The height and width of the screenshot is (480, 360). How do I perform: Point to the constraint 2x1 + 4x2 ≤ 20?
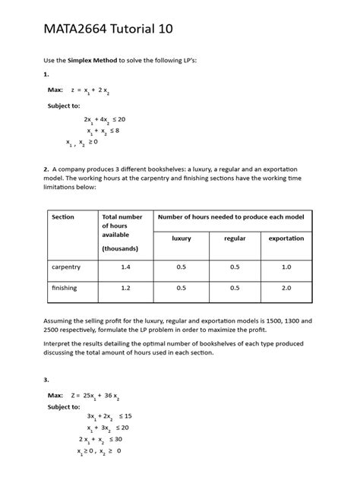pyautogui.click(x=104, y=120)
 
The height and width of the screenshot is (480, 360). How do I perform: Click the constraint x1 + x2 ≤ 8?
pyautogui.click(x=104, y=131)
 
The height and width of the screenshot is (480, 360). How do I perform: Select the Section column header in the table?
pyautogui.click(x=63, y=217)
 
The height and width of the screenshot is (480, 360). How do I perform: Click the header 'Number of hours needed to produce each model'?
pyautogui.click(x=231, y=217)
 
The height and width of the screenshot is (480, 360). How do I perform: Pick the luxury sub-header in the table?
pyautogui.click(x=182, y=238)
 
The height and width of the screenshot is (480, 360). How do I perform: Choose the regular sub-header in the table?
pyautogui.click(x=235, y=238)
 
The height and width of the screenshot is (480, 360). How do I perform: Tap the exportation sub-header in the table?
pyautogui.click(x=286, y=238)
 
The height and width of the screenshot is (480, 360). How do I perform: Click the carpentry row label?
pyautogui.click(x=66, y=267)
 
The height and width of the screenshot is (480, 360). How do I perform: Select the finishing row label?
pyautogui.click(x=65, y=289)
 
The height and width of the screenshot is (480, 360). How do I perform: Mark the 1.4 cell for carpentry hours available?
pyautogui.click(x=125, y=267)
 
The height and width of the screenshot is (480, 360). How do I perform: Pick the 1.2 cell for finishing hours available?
pyautogui.click(x=125, y=289)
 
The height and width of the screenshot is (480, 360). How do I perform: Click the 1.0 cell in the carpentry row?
pyautogui.click(x=286, y=267)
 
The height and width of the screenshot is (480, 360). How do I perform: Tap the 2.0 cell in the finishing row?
pyautogui.click(x=286, y=289)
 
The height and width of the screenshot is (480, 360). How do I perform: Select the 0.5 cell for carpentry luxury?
pyautogui.click(x=182, y=267)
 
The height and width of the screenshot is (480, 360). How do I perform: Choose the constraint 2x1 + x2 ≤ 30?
pyautogui.click(x=100, y=439)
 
